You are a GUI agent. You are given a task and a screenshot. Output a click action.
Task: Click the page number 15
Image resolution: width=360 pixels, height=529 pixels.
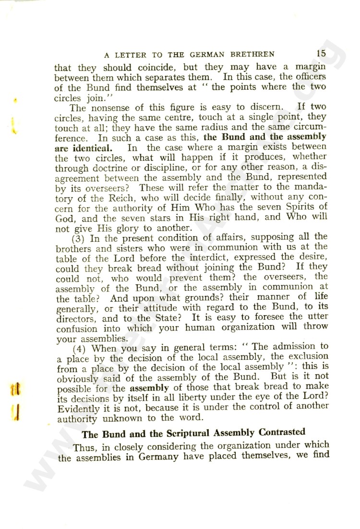click(x=321, y=53)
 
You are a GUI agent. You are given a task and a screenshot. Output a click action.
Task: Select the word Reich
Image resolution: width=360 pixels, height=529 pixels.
click(x=105, y=208)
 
